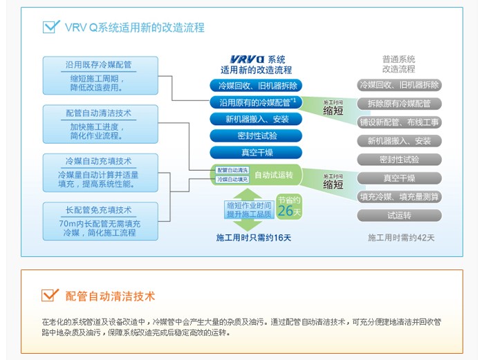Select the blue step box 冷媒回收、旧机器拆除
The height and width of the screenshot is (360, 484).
coord(257,86)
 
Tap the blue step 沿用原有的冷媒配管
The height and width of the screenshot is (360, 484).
coord(257,102)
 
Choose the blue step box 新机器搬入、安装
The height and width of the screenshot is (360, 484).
coord(257,119)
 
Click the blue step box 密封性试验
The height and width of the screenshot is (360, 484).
coord(257,135)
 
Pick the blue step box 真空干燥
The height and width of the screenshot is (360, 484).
coord(257,152)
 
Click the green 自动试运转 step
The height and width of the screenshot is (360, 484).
coord(273,175)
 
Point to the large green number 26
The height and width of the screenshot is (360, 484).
coord(286,211)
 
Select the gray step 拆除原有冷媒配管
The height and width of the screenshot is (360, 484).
coord(399,104)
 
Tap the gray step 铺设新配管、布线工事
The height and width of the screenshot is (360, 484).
coord(399,122)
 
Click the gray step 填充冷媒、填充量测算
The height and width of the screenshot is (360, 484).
coord(399,197)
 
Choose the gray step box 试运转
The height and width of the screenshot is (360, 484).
coord(399,216)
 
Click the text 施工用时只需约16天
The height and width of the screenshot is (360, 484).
coord(254,238)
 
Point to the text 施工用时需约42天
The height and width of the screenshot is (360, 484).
coord(401,238)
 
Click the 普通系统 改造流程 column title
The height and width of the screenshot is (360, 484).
coord(399,64)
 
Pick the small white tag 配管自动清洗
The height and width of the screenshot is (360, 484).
coord(232,170)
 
